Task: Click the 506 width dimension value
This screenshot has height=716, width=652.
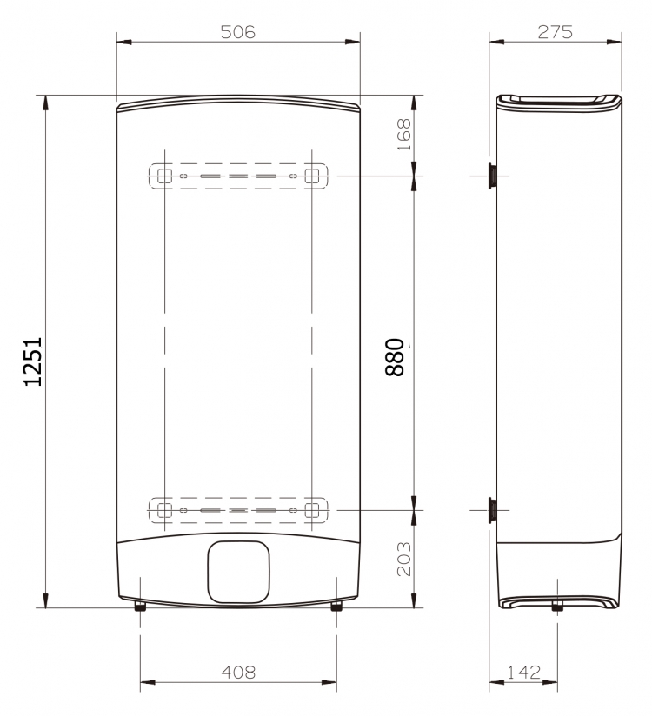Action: [237, 32]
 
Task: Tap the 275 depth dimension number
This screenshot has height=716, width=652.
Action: [556, 32]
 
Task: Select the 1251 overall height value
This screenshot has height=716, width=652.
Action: [33, 361]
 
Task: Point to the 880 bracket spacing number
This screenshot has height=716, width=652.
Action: [395, 357]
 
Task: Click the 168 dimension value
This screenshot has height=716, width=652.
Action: [404, 135]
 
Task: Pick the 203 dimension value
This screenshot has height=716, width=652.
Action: [404, 559]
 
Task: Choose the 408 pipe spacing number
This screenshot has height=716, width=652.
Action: [238, 673]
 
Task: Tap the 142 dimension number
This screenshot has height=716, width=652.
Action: [524, 673]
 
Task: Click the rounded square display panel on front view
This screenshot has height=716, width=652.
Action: [238, 572]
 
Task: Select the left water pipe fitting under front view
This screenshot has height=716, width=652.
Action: [140, 607]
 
